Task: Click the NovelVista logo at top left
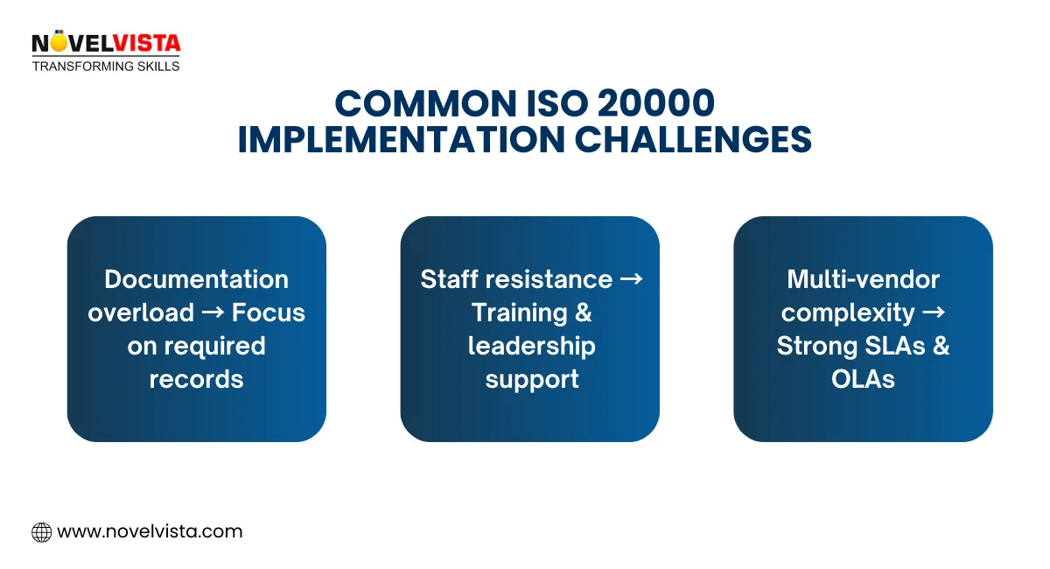[105, 43]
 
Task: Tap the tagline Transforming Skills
[106, 67]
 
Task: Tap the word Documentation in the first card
[196, 279]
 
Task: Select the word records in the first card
[196, 379]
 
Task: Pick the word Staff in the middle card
[449, 279]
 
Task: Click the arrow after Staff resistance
[631, 279]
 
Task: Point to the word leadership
[531, 346]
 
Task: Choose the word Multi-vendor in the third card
[863, 279]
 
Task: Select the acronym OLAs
[863, 379]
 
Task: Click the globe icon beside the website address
[41, 531]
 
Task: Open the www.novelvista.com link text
[150, 531]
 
